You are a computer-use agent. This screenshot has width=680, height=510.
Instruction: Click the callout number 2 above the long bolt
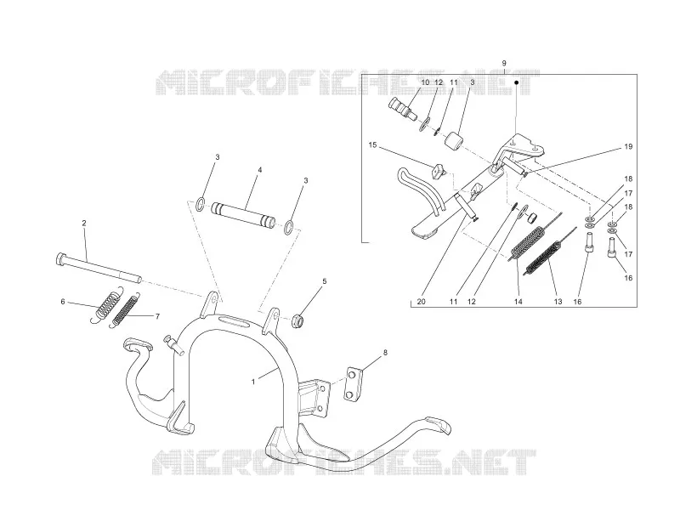pos(84,223)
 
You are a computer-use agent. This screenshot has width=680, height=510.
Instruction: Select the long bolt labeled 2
pos(99,268)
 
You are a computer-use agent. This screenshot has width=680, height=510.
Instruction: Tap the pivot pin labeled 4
pos(243,215)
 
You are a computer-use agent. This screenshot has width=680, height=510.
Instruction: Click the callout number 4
pos(260,170)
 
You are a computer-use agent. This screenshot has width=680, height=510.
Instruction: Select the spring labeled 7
pos(126,309)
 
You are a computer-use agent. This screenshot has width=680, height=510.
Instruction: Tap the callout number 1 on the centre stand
pos(253,382)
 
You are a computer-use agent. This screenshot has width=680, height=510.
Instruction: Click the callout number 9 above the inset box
pos(504,63)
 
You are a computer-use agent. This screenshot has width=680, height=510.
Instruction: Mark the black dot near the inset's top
pos(517,82)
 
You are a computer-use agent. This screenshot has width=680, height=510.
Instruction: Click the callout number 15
pos(372,144)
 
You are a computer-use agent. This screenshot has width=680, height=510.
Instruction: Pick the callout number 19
pos(628,146)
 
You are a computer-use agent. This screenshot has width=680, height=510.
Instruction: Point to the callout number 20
pos(421,302)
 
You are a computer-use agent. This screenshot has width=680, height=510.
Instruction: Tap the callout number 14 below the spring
pos(518,302)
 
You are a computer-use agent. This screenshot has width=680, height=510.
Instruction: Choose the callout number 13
pos(558,302)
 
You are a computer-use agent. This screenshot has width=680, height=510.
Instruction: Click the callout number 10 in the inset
pos(425,82)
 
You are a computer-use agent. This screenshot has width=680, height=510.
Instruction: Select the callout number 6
pos(63,302)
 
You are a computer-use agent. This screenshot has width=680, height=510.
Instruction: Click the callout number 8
pos(385,353)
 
